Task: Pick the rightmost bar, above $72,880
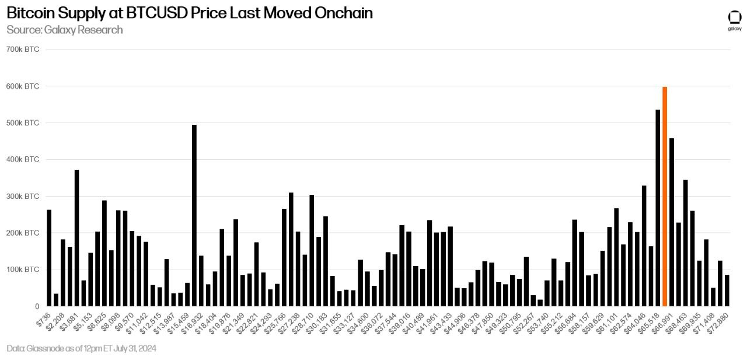727,291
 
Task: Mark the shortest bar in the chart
540,303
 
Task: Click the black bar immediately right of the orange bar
672,222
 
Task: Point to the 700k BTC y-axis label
23,49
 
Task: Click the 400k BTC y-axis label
23,159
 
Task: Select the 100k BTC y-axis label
23,270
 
